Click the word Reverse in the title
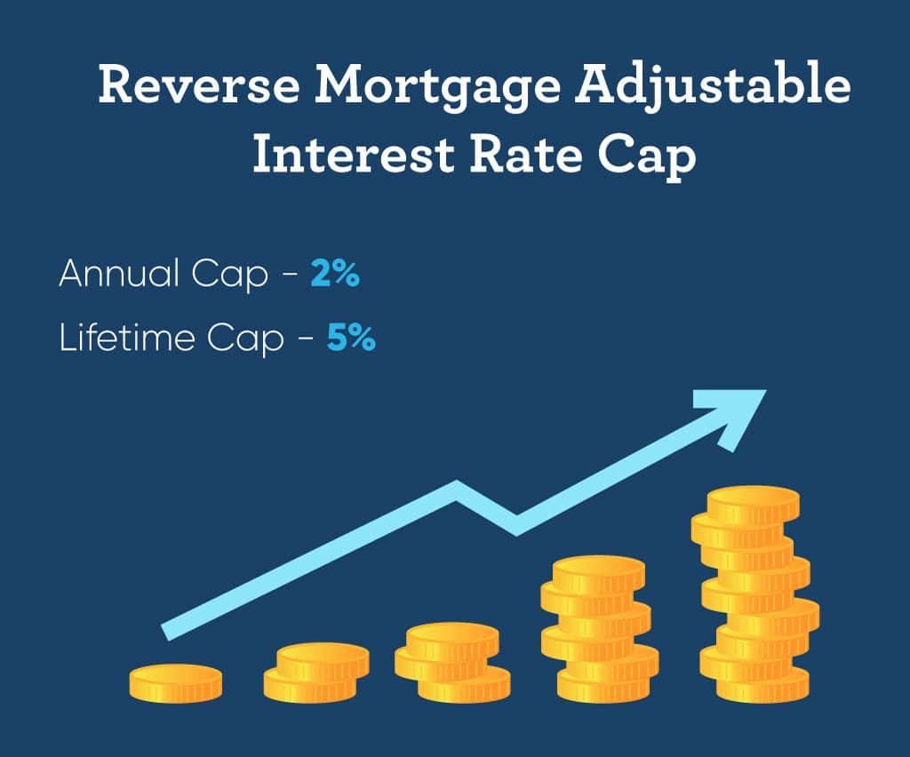[198, 85]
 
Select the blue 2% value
[335, 274]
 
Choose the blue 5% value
[351, 338]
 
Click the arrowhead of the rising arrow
[736, 415]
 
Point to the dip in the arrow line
[516, 524]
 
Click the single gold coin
[175, 682]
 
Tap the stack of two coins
[316, 672]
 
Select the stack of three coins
[452, 662]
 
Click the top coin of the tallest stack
[754, 502]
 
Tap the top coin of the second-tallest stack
[598, 572]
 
